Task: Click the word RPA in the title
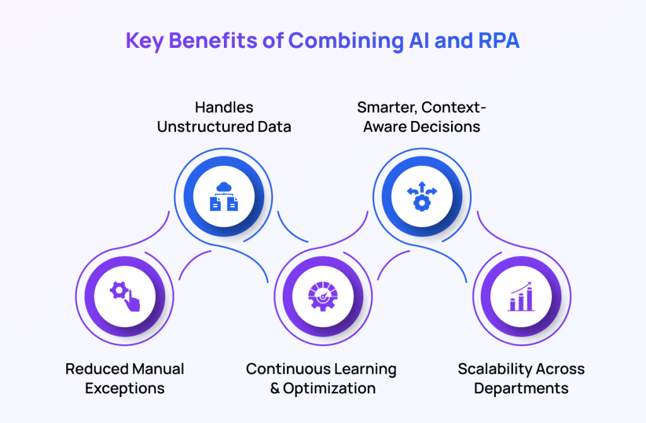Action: coord(498,40)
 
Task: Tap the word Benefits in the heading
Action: coord(213,40)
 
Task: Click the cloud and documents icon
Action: coord(224,197)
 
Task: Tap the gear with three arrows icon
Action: coord(422,197)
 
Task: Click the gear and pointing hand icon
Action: coord(125,296)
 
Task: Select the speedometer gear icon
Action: coord(323,296)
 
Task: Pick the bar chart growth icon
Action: coord(521,296)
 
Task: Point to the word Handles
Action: coord(224,108)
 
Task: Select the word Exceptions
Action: coord(125,388)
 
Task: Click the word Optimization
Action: coord(329,388)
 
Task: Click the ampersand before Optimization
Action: coord(275,388)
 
